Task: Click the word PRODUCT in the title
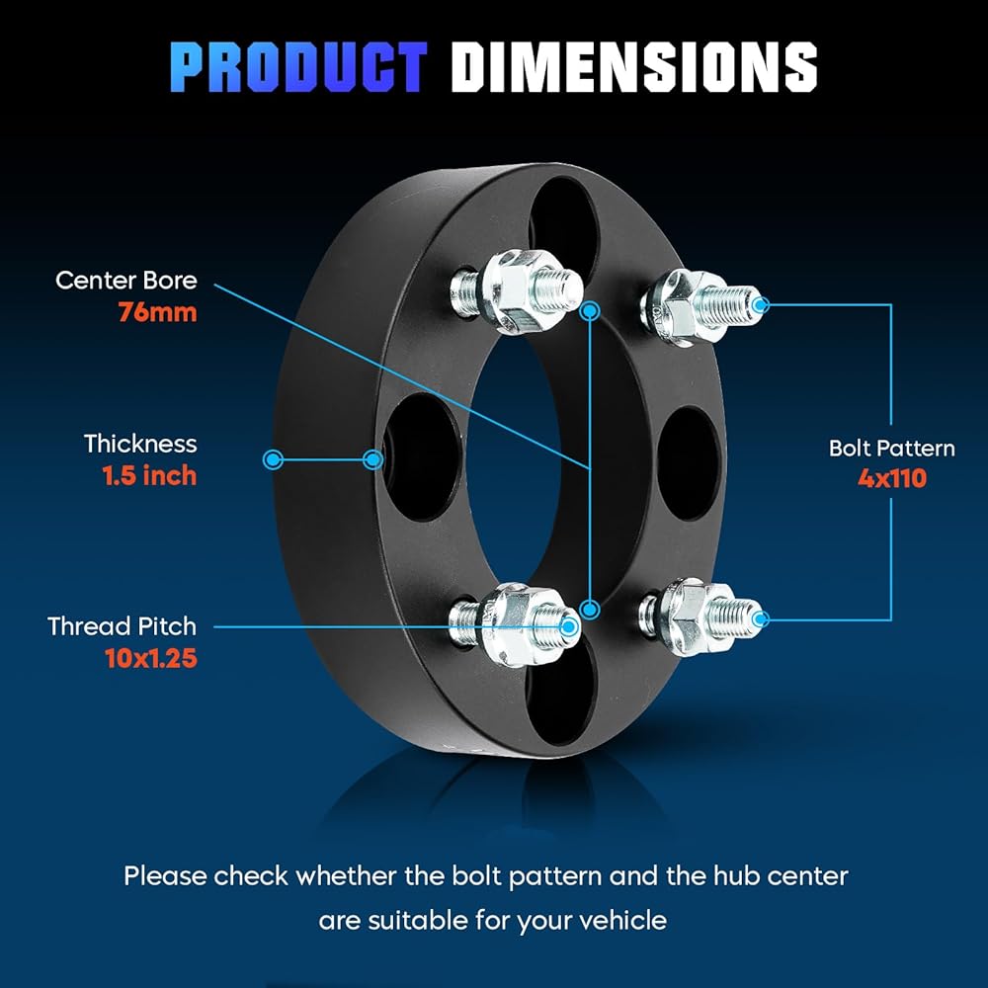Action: [298, 67]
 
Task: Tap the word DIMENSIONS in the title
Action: [634, 67]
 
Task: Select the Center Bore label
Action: [126, 281]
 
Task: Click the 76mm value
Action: [157, 312]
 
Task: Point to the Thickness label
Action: [140, 444]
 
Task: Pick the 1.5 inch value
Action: [149, 476]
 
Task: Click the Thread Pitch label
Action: [123, 626]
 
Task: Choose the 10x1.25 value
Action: [151, 658]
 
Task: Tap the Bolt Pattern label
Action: [891, 448]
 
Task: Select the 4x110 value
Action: [892, 479]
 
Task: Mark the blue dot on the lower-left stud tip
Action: [569, 626]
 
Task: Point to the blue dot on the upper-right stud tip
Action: [761, 305]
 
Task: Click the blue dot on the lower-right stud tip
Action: [761, 618]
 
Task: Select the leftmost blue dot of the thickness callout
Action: [273, 459]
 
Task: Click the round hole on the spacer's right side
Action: [689, 463]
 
